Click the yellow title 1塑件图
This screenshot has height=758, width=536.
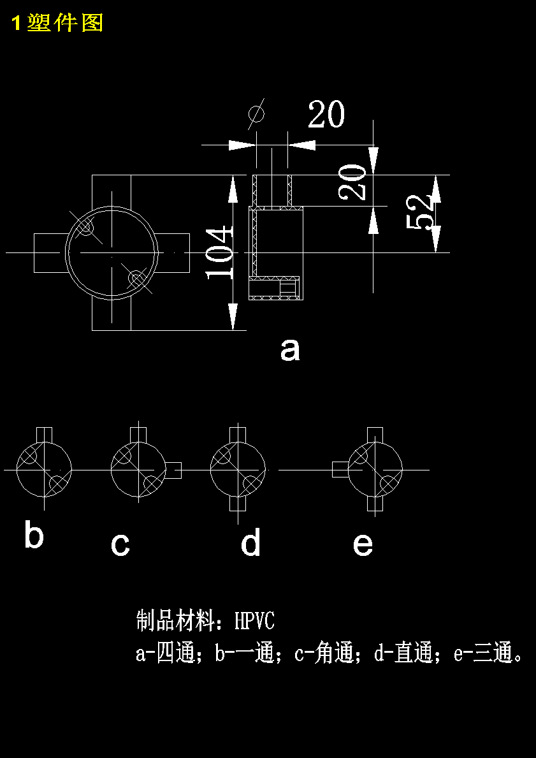pos(57,24)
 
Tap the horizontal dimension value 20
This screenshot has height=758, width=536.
pos(326,115)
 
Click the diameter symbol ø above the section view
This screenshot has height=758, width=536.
pos(256,113)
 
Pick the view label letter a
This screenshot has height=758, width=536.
pos(290,349)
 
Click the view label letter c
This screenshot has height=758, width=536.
pos(120,544)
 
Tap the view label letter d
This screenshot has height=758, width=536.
pos(250,543)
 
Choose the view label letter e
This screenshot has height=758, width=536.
pos(363,544)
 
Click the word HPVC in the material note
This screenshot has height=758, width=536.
pos(254,620)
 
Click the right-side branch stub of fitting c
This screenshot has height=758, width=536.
pos(173,470)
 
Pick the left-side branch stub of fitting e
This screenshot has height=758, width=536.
pos(340,470)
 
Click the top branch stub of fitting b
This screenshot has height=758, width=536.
pos(44,434)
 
